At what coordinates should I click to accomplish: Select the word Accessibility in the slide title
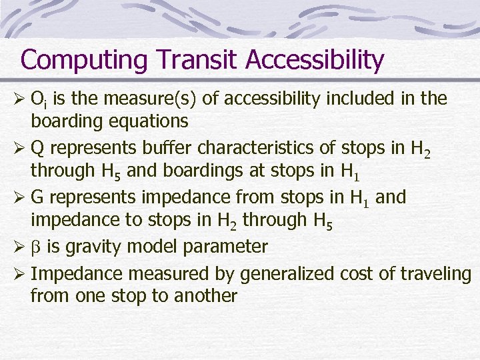[315, 60]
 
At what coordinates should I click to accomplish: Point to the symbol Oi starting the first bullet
[38, 99]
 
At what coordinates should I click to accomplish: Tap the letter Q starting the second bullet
[37, 148]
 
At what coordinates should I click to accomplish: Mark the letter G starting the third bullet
[38, 197]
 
